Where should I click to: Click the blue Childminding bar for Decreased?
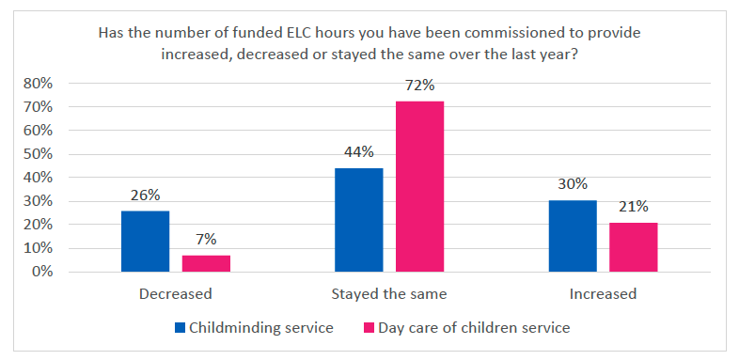(145, 242)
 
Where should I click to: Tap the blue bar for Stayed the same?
(358, 220)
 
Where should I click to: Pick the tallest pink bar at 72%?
(419, 186)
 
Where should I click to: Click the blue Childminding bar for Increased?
(572, 236)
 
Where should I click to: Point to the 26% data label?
(145, 196)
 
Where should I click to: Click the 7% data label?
(206, 241)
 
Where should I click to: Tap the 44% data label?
(358, 152)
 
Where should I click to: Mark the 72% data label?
(419, 86)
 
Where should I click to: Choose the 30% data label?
(572, 184)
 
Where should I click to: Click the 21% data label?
(633, 207)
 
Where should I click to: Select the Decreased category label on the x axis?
(175, 294)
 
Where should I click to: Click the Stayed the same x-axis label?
(389, 294)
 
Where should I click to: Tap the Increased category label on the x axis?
(603, 294)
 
